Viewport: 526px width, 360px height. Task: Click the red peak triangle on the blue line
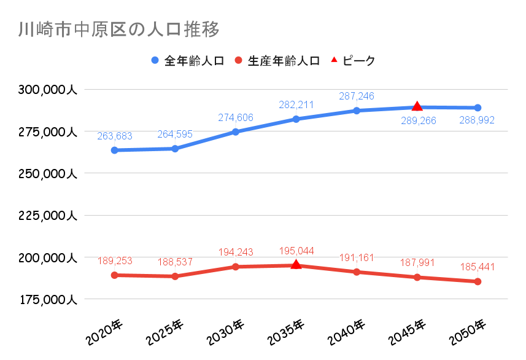tap(417, 106)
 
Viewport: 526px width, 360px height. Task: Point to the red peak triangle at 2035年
tap(296, 264)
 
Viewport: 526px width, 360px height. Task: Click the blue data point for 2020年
tap(114, 150)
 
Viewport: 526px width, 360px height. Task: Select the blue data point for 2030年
tap(236, 131)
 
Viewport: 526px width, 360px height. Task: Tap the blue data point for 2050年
tap(478, 108)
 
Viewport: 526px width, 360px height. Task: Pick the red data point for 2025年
tap(175, 276)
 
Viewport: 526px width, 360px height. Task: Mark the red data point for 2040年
tap(357, 272)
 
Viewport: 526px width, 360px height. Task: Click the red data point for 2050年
tap(478, 281)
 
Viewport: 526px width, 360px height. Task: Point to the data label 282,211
tap(296, 105)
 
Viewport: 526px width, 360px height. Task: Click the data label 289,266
tap(417, 120)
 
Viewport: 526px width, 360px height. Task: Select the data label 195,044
tap(296, 251)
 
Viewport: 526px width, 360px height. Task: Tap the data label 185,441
tap(478, 267)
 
